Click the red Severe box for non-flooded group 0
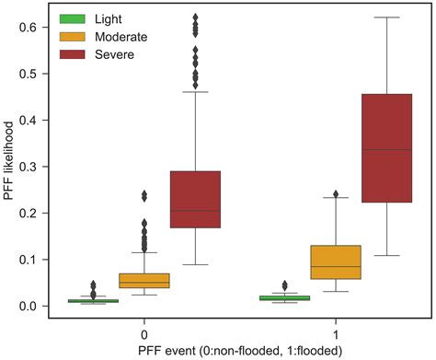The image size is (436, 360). click(x=195, y=199)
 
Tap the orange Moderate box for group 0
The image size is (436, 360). click(x=144, y=280)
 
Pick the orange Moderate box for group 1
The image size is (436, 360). click(x=335, y=262)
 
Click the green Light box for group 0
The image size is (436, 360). click(x=93, y=300)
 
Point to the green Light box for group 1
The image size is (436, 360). click(x=284, y=297)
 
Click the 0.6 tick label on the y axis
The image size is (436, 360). click(x=27, y=27)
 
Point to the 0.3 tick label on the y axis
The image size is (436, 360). click(x=27, y=167)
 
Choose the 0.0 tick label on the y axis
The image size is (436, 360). click(x=27, y=306)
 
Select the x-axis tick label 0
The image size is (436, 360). click(x=144, y=330)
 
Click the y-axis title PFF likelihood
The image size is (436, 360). click(x=8, y=166)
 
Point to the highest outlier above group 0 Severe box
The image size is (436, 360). click(x=195, y=17)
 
